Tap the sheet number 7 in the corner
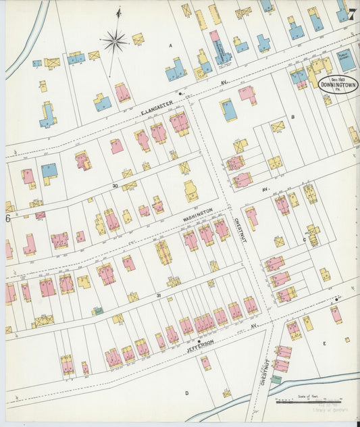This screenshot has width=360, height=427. (x=351, y=14)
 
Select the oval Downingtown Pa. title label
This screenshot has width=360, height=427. (x=338, y=85)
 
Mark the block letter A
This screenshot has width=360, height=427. (x=171, y=45)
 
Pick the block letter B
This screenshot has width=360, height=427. (x=292, y=116)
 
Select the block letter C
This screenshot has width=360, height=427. (x=304, y=238)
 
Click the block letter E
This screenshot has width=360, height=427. (x=324, y=344)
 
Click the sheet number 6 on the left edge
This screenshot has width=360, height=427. (x=8, y=218)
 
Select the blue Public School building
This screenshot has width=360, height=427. (x=346, y=62)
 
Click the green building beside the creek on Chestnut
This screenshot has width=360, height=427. (x=276, y=380)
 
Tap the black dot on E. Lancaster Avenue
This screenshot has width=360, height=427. (x=181, y=93)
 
